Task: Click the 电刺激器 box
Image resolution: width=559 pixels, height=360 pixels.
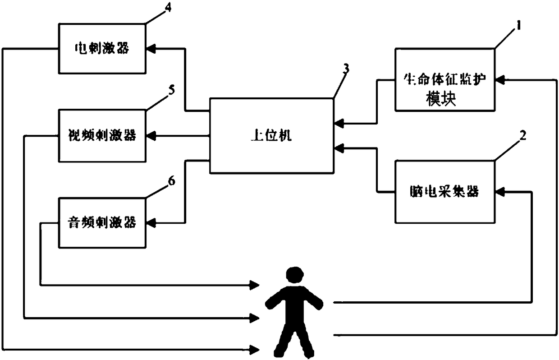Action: pyautogui.click(x=102, y=48)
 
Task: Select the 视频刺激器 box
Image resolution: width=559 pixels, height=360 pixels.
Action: pyautogui.click(x=102, y=135)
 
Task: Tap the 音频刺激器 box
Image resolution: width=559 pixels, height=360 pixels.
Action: pyautogui.click(x=102, y=222)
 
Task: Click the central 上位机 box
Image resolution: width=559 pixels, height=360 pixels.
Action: pyautogui.click(x=270, y=135)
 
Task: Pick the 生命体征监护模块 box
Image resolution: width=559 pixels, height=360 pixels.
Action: pyautogui.click(x=444, y=80)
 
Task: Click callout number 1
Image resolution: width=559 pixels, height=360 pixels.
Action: pyautogui.click(x=518, y=27)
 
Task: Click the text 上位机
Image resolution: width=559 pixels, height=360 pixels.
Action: pyautogui.click(x=270, y=135)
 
